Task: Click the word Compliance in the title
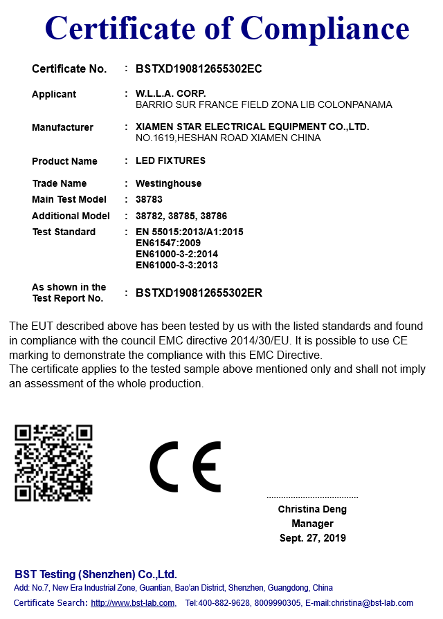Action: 325,28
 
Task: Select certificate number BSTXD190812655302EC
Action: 199,68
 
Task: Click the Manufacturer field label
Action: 62,127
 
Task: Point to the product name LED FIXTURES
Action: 170,161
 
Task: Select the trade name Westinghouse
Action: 168,183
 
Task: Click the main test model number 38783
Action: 149,200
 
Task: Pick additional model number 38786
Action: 214,216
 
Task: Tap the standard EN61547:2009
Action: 168,243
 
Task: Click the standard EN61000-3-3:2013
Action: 177,265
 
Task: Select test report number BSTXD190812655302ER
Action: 199,293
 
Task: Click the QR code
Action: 53,463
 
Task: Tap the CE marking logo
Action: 186,466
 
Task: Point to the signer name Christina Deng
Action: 312,509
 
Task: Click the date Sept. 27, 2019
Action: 312,538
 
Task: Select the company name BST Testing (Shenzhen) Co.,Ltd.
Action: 96,574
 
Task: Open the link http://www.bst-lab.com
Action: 132,603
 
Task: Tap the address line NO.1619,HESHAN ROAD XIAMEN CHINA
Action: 228,138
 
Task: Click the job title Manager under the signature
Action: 312,524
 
